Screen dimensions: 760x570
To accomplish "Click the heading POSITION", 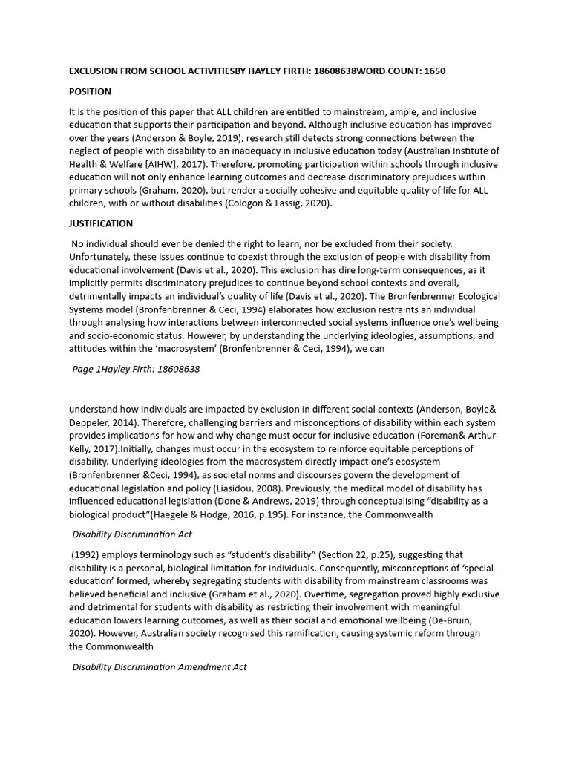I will (90, 91).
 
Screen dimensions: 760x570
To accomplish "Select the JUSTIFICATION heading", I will (101, 223).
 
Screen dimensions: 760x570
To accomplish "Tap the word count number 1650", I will (432, 71).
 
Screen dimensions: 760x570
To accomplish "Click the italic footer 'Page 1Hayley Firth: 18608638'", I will (136, 368).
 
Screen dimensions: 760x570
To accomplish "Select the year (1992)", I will (86, 555).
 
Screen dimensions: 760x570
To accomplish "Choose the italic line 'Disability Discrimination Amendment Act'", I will (160, 666).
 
